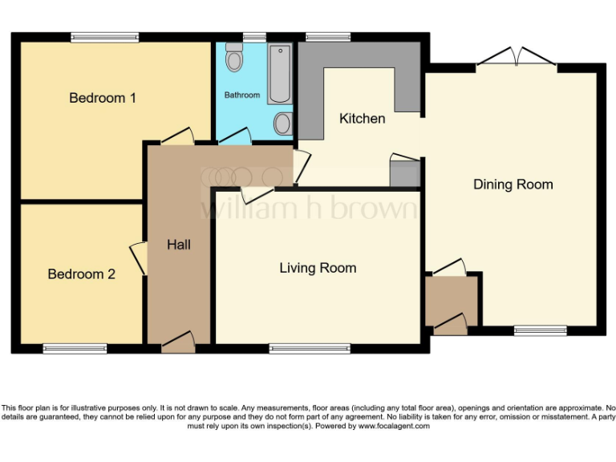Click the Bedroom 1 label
pyautogui.click(x=103, y=98)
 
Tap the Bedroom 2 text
pyautogui.click(x=82, y=274)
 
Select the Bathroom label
pyautogui.click(x=241, y=95)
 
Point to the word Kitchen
pyautogui.click(x=363, y=119)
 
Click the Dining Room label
pyautogui.click(x=513, y=184)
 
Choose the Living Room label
pyautogui.click(x=318, y=268)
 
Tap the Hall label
pyautogui.click(x=179, y=245)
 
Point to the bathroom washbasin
pyautogui.click(x=282, y=124)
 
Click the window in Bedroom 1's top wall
pyautogui.click(x=104, y=36)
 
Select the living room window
pyautogui.click(x=310, y=348)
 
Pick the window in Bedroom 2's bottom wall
pyautogui.click(x=75, y=348)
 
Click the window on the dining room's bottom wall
pyautogui.click(x=540, y=330)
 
